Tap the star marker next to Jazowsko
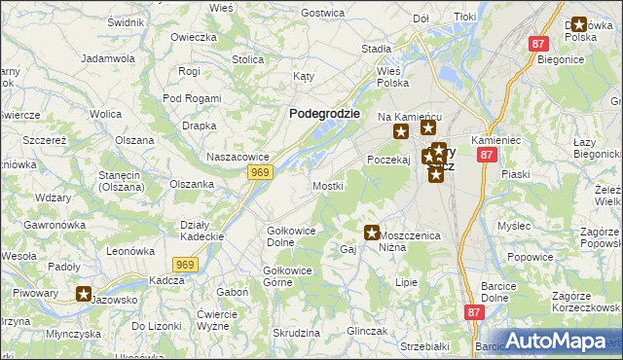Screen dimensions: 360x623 [85, 293]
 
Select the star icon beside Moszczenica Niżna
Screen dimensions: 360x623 [372, 233]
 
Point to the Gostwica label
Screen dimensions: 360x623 [324, 13]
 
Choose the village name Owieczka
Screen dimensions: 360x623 [193, 37]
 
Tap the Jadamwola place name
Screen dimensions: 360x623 [108, 58]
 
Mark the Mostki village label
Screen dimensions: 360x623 [327, 185]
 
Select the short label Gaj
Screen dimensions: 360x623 [348, 250]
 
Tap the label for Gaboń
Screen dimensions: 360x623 [233, 292]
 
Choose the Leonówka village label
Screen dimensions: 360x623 [131, 250]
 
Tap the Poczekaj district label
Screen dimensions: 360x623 [388, 159]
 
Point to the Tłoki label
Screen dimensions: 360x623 [464, 18]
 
